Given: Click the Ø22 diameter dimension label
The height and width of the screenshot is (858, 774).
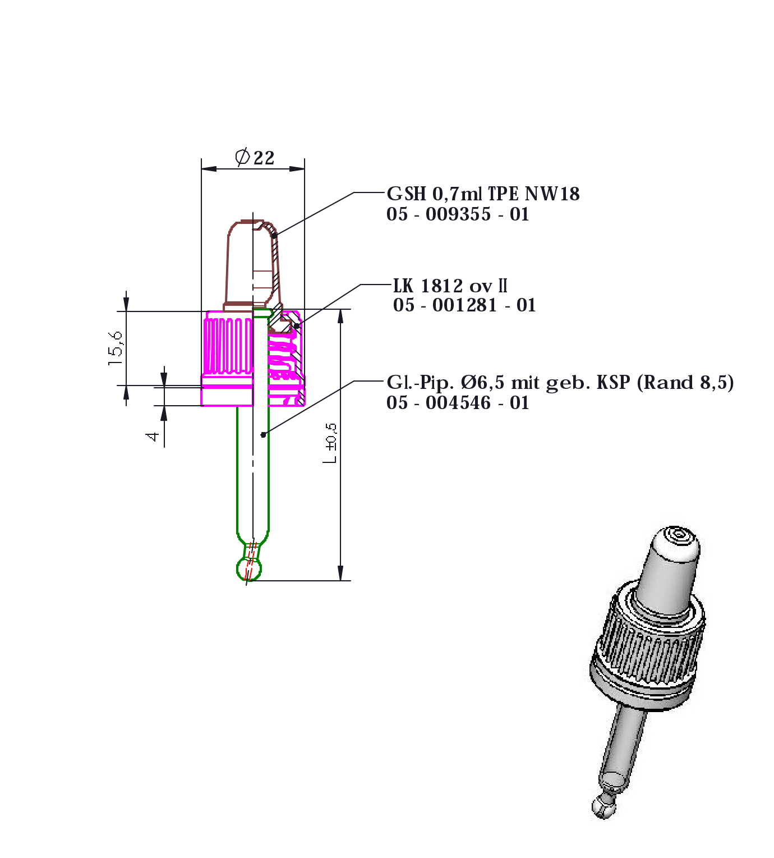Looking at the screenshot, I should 255,157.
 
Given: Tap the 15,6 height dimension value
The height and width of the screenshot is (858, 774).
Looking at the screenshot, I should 116,348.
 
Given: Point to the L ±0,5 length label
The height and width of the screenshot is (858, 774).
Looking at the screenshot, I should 330,443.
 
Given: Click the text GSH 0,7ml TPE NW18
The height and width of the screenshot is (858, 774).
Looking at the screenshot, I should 483,194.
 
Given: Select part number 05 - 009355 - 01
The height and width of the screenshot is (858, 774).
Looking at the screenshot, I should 458,214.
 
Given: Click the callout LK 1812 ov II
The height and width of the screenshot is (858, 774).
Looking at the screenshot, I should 450,286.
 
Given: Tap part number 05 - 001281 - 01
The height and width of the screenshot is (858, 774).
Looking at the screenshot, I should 464,305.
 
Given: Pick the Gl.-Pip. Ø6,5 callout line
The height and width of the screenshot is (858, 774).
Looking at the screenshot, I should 560,383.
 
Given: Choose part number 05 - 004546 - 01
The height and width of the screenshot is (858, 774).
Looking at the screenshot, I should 458,403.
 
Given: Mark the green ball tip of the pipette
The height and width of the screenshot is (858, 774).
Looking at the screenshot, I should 249,569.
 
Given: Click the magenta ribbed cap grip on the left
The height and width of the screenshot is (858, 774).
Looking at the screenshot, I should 227,345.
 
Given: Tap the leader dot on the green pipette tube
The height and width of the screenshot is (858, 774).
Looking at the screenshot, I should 263,434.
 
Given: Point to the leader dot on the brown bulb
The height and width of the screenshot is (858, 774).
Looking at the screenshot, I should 274,235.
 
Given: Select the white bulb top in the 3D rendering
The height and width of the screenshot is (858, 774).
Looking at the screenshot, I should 675,542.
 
